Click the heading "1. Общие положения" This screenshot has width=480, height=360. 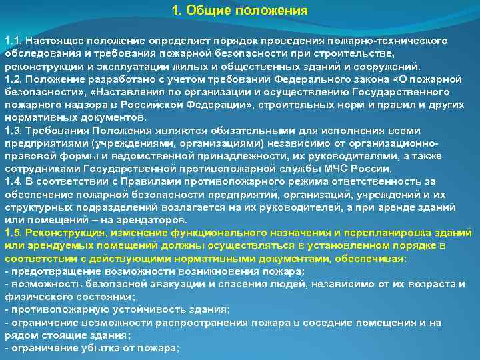click(x=239, y=11)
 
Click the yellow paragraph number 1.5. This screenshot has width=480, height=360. click(x=13, y=233)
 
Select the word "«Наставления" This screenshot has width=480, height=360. click(x=124, y=92)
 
